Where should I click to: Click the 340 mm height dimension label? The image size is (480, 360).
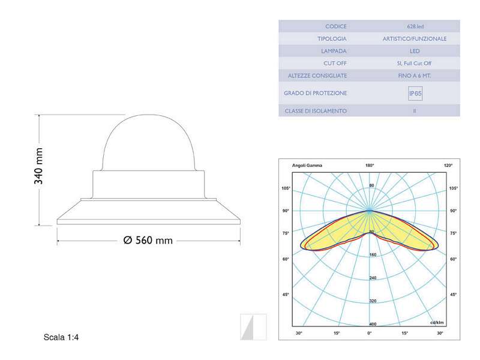click(x=38, y=166)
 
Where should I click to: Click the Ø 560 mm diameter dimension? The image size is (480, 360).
click(x=148, y=241)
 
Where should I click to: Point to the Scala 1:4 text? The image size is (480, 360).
click(x=61, y=337)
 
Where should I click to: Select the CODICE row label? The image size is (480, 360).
click(x=336, y=26)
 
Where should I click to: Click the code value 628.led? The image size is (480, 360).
click(x=415, y=26)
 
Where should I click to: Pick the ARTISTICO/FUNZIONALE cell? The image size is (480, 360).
click(x=415, y=39)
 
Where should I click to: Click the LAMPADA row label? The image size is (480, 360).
click(x=334, y=51)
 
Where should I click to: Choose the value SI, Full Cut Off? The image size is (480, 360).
click(x=414, y=64)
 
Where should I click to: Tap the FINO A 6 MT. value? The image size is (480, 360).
click(x=415, y=76)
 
